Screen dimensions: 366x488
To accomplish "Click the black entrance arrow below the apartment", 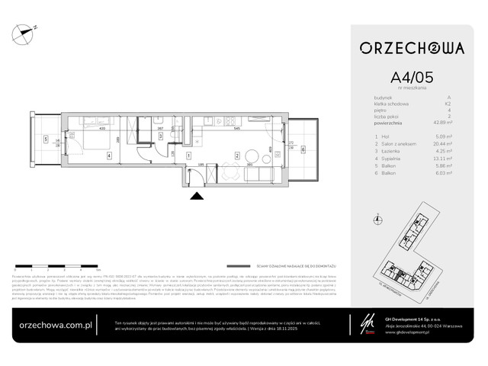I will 197,197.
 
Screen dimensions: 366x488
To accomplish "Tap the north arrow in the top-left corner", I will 28,31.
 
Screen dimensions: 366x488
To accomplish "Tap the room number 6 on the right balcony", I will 303,150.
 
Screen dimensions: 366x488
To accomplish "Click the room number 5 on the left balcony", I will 46,140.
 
